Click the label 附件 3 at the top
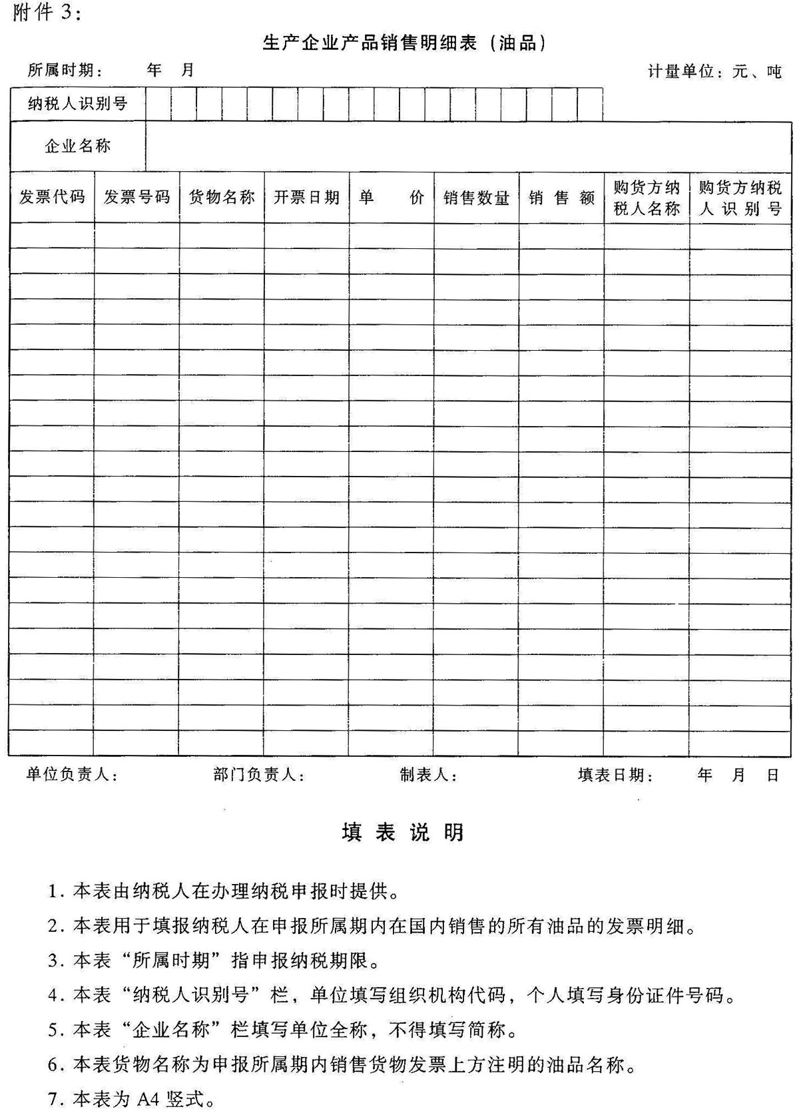[46, 13]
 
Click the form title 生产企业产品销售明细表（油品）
[404, 44]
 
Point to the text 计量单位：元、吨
[714, 71]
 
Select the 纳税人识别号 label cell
[77, 104]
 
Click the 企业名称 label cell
[77, 146]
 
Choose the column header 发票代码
[52, 197]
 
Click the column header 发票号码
[136, 197]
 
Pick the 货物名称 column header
[222, 197]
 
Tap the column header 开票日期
[306, 197]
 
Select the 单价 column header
[392, 197]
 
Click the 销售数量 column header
[476, 198]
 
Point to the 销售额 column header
[561, 198]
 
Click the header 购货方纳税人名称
[647, 198]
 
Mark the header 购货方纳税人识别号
[740, 198]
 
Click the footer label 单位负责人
[72, 775]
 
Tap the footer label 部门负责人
[259, 775]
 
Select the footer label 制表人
[428, 775]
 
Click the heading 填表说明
[403, 832]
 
